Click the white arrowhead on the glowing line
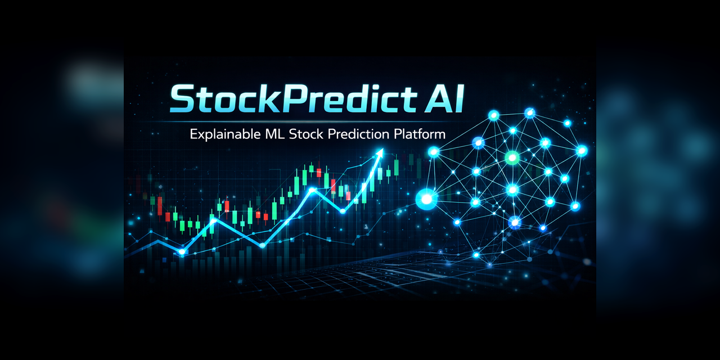(380, 152)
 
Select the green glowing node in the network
(512, 157)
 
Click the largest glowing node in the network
(426, 198)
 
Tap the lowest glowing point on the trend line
(182, 253)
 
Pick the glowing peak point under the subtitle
(311, 190)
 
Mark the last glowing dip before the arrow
(342, 211)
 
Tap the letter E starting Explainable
(193, 134)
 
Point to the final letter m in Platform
(440, 136)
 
